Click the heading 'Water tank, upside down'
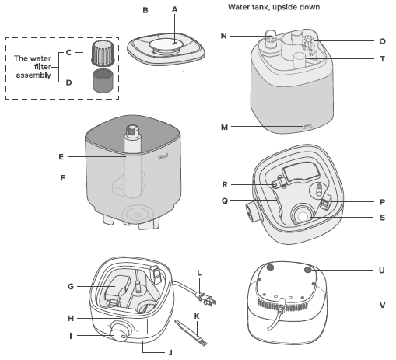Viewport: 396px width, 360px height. pos(274,7)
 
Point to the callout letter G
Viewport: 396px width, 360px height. pos(71,287)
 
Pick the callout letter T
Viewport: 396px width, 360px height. pos(382,58)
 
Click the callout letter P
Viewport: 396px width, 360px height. pos(382,201)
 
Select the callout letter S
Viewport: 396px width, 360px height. pos(382,218)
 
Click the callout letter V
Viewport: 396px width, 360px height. pos(382,306)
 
